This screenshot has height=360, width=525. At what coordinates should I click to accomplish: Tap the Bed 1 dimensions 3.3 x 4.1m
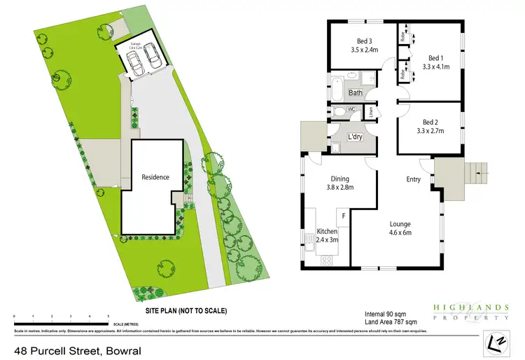pyautogui.click(x=435, y=67)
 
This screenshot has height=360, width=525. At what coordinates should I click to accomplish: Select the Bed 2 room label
pyautogui.click(x=431, y=121)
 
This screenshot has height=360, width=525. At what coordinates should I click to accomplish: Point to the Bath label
pyautogui.click(x=356, y=92)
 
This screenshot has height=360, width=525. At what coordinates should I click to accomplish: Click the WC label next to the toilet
pyautogui.click(x=352, y=110)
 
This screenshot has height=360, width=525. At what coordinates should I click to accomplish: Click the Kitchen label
pyautogui.click(x=328, y=230)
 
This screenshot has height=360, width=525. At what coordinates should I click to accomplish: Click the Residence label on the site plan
pyautogui.click(x=155, y=177)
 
